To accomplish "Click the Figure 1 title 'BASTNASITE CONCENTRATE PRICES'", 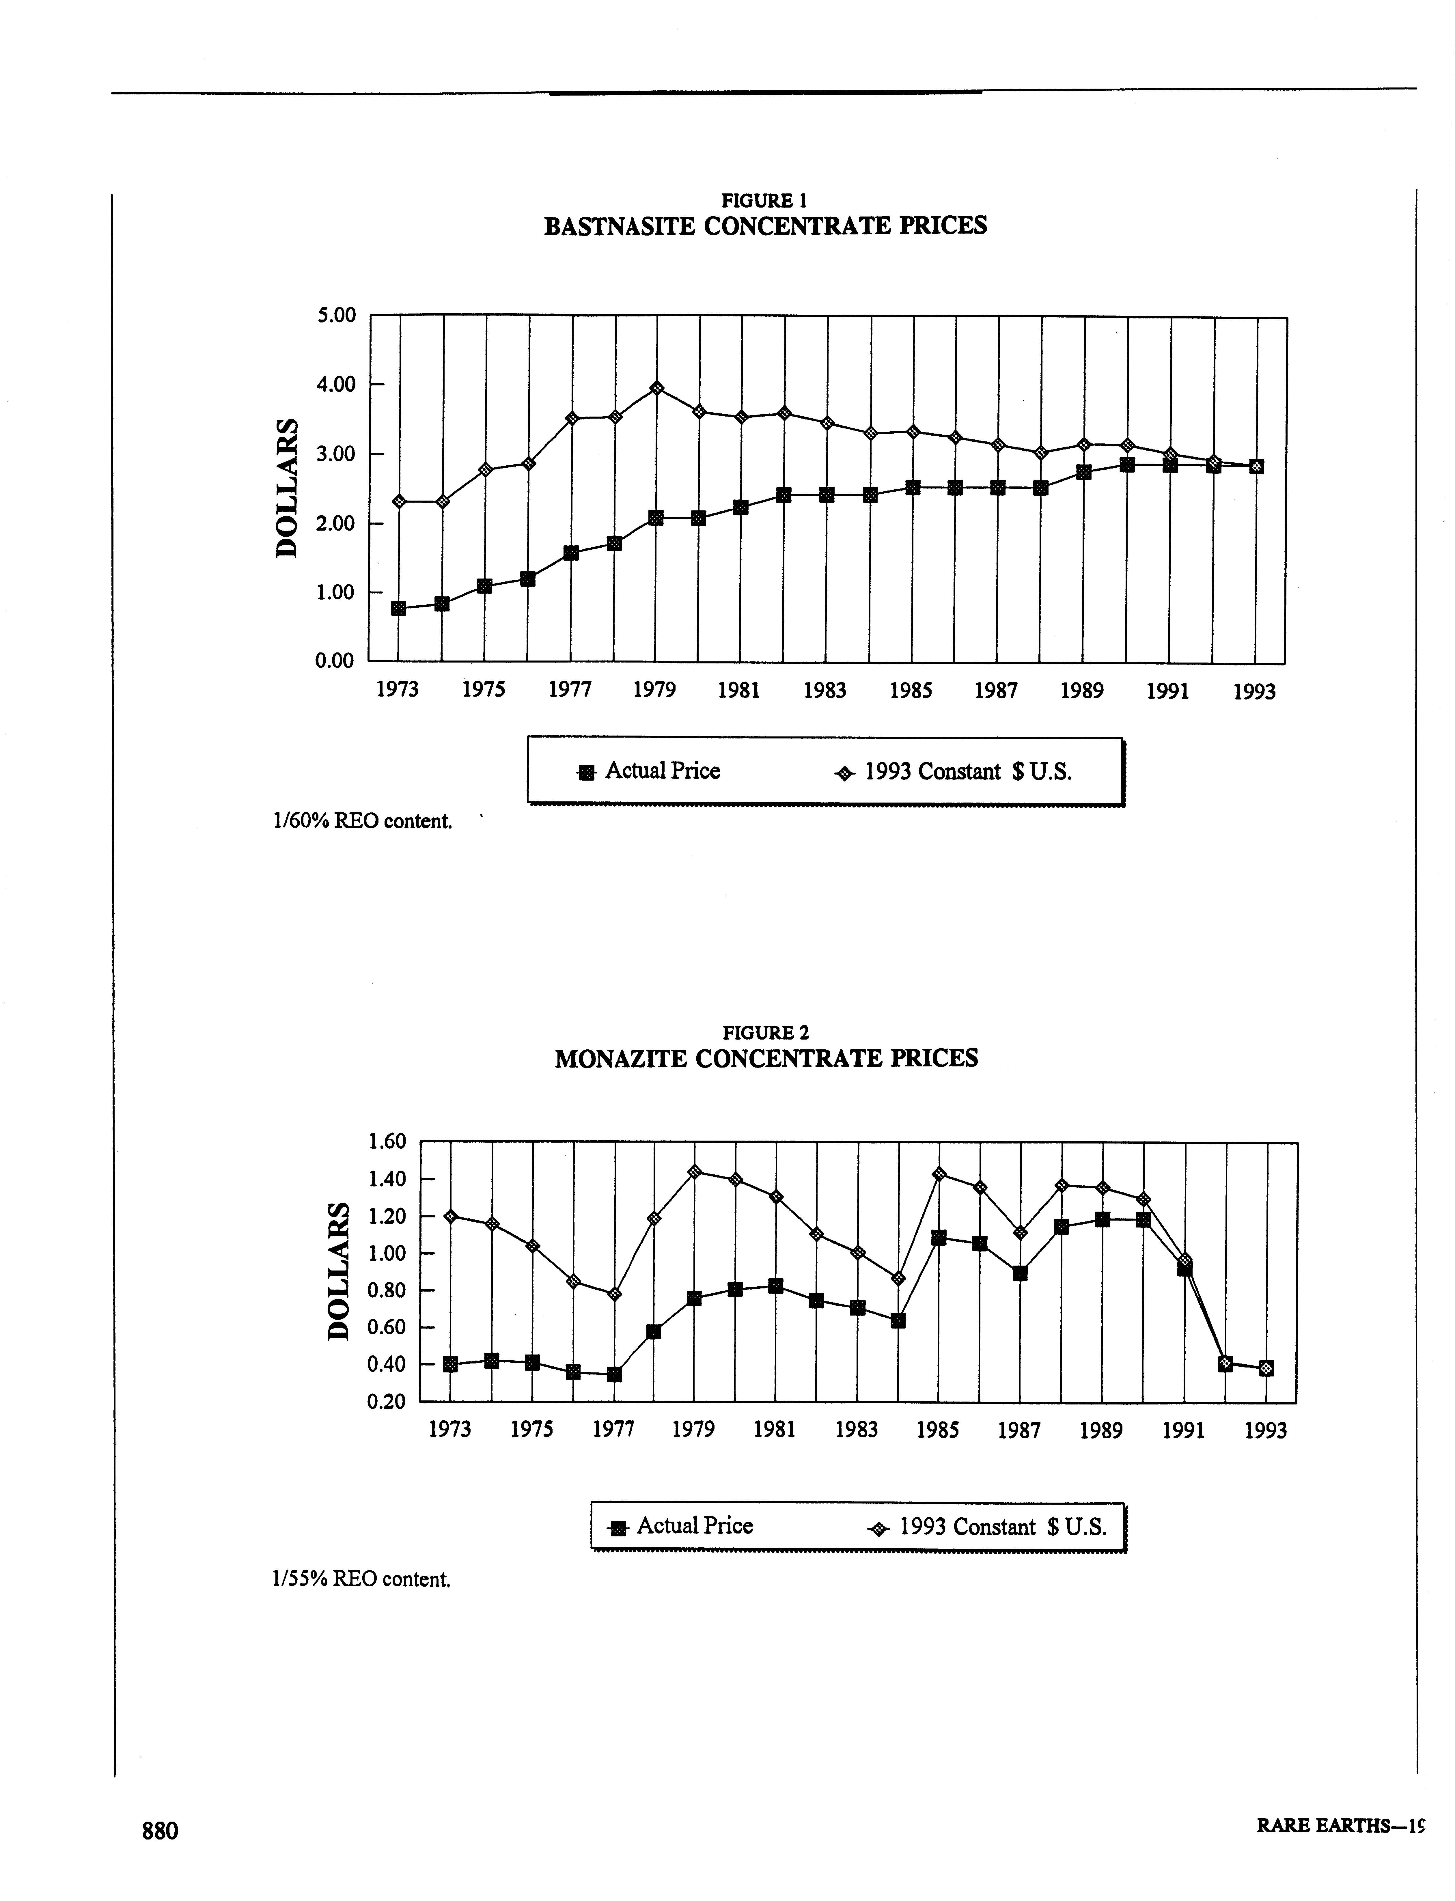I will point(765,226).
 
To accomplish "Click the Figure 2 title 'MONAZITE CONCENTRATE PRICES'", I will point(766,1058).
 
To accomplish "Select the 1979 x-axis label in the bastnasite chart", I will point(654,690).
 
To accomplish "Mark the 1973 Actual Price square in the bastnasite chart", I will point(398,608).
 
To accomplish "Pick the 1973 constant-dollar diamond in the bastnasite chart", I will point(399,501).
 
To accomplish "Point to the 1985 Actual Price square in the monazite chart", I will point(938,1238).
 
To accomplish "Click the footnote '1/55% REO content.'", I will point(361,1579).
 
